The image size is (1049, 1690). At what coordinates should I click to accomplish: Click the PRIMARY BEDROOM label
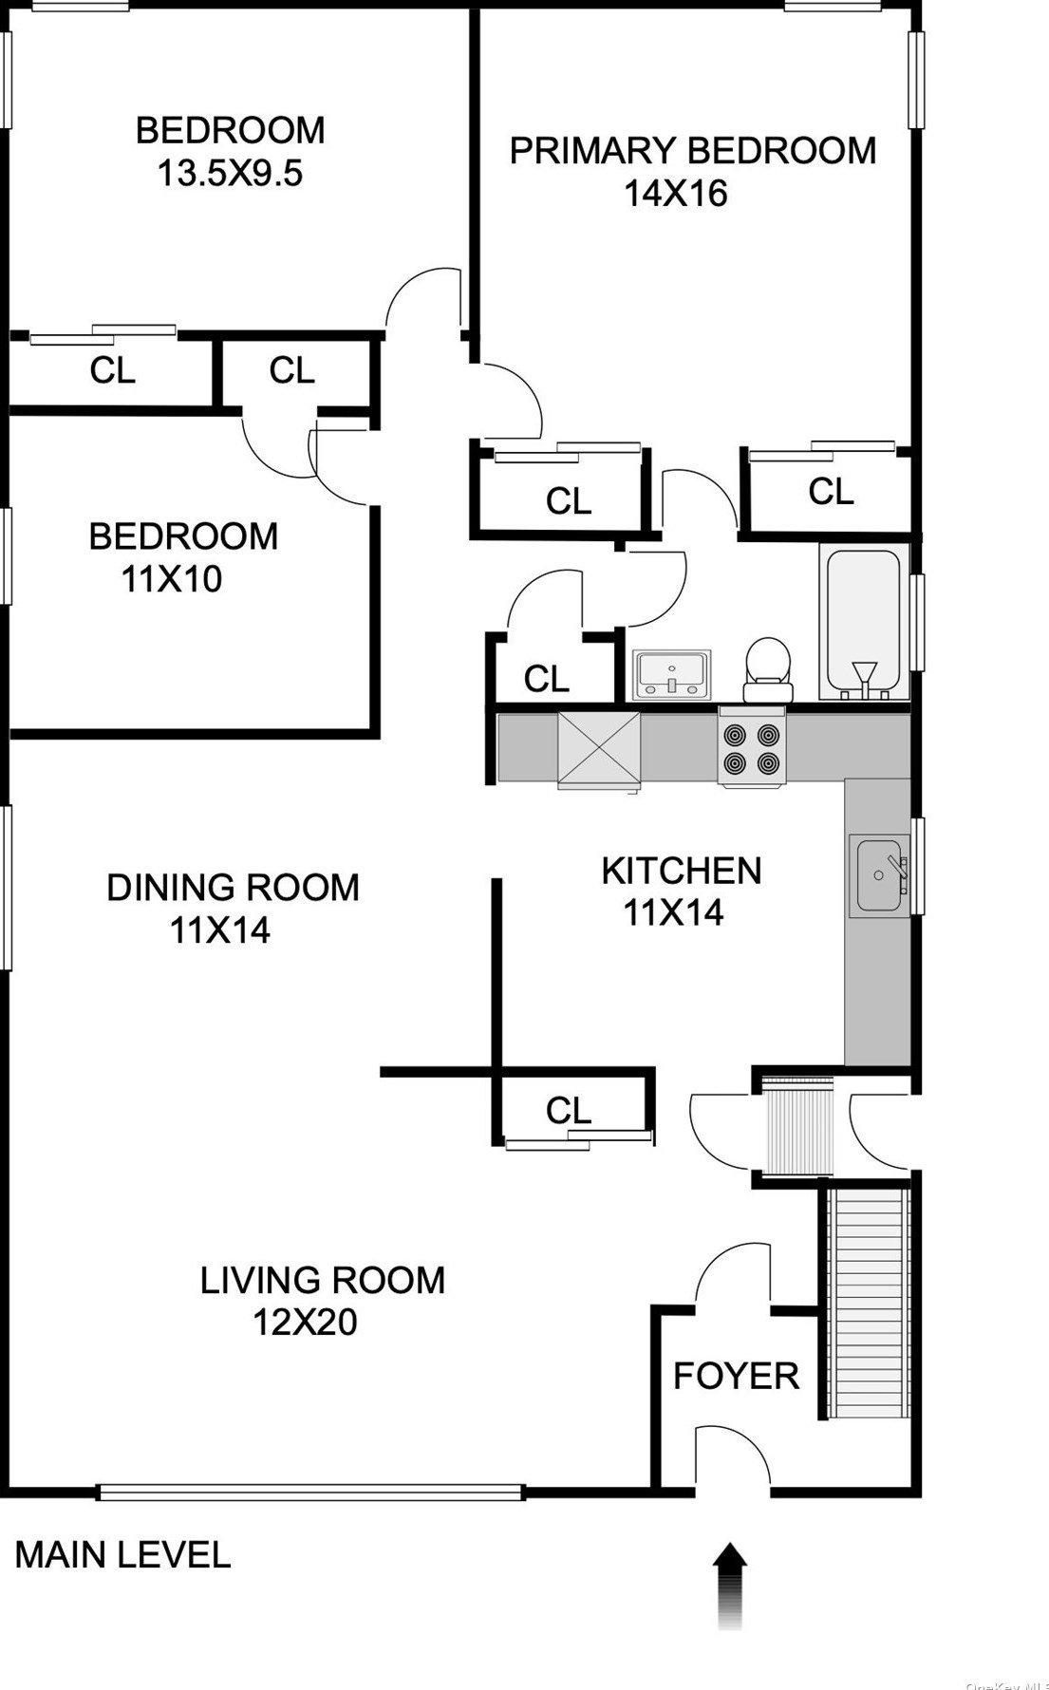pyautogui.click(x=693, y=151)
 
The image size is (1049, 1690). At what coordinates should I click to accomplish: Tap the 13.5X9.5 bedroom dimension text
pyautogui.click(x=230, y=173)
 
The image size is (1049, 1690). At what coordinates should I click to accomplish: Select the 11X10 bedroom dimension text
pyautogui.click(x=172, y=578)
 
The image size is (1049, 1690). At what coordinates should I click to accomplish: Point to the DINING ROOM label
pyautogui.click(x=233, y=887)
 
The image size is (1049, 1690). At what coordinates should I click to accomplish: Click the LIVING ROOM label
pyautogui.click(x=323, y=1280)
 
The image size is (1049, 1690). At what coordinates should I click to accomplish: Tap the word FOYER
pyautogui.click(x=736, y=1376)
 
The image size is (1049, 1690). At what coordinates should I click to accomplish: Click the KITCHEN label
pyautogui.click(x=682, y=871)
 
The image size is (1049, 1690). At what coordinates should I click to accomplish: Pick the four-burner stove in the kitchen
pyautogui.click(x=753, y=747)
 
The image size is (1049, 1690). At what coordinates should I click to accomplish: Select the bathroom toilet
pyautogui.click(x=768, y=669)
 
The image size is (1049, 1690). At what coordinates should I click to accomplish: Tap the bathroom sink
pyautogui.click(x=671, y=674)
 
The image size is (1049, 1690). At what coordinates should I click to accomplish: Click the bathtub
pyautogui.click(x=864, y=622)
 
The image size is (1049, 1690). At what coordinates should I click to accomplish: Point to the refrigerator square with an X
pyautogui.click(x=599, y=749)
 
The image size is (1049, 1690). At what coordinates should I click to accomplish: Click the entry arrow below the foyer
pyautogui.click(x=730, y=1585)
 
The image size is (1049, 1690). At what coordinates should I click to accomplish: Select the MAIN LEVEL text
pyautogui.click(x=122, y=1555)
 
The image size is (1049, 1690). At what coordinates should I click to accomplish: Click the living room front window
pyautogui.click(x=311, y=1493)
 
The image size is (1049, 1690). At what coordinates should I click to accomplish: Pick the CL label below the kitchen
pyautogui.click(x=569, y=1110)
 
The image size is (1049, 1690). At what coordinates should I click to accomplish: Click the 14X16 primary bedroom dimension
pyautogui.click(x=675, y=193)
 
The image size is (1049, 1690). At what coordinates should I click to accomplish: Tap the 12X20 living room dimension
pyautogui.click(x=305, y=1322)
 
